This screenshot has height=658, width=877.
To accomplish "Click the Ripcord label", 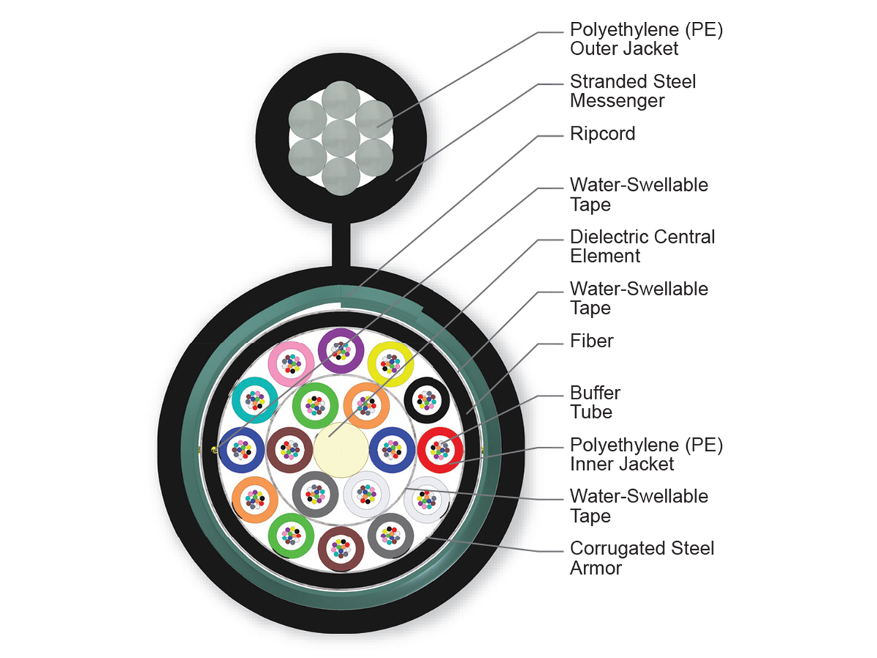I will pos(602,134).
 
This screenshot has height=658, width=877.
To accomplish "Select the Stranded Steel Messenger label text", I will pos(632,91).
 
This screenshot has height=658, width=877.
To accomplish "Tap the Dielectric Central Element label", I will pos(642,246).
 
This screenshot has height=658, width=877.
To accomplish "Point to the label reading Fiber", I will pos(591,341).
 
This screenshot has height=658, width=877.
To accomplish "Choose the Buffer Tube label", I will pos(596,402).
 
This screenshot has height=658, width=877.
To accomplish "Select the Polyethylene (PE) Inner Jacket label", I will pos(646,454).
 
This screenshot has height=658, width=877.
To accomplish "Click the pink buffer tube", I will pos(291,363).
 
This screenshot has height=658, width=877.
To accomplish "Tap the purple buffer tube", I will pos(341,349).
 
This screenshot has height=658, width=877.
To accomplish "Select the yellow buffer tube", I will pos(391,363).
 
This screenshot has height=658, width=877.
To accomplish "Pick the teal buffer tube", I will pos(254,399).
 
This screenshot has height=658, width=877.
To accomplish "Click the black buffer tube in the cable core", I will pos(426,399).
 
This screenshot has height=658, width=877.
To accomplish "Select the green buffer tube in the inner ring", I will pos(315,404).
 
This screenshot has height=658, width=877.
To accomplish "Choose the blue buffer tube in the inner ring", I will pos(392,450).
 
